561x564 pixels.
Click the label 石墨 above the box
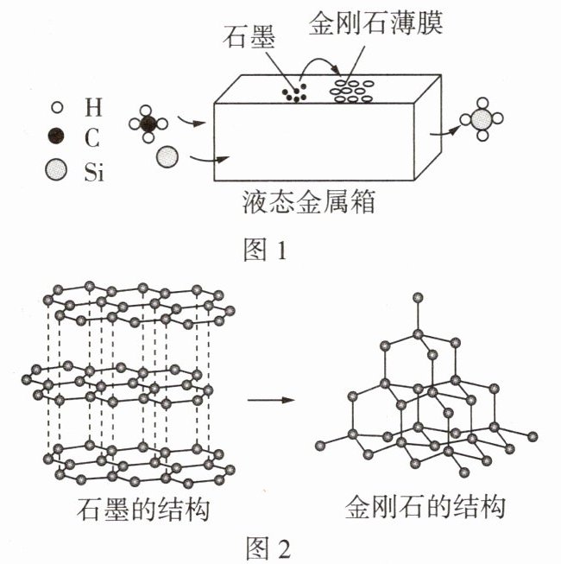click(x=249, y=36)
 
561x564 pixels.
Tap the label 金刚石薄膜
click(x=375, y=22)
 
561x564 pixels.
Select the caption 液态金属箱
click(x=309, y=202)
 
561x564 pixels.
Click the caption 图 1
click(x=265, y=250)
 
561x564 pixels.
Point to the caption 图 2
click(x=268, y=548)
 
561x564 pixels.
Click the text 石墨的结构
click(x=143, y=509)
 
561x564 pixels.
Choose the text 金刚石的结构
click(x=425, y=507)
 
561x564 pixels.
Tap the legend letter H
click(x=93, y=107)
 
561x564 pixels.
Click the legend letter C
click(x=92, y=138)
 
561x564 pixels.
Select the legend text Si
click(x=94, y=172)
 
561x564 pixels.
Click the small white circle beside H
click(x=57, y=107)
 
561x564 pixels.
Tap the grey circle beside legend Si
click(x=56, y=169)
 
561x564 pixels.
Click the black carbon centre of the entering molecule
click(x=148, y=124)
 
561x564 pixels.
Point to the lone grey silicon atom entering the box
click(x=167, y=157)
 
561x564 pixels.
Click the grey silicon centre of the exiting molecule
click(x=482, y=119)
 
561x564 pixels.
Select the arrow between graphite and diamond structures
click(x=271, y=400)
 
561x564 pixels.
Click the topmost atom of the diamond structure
click(x=418, y=297)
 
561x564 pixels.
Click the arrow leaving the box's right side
click(x=445, y=131)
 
